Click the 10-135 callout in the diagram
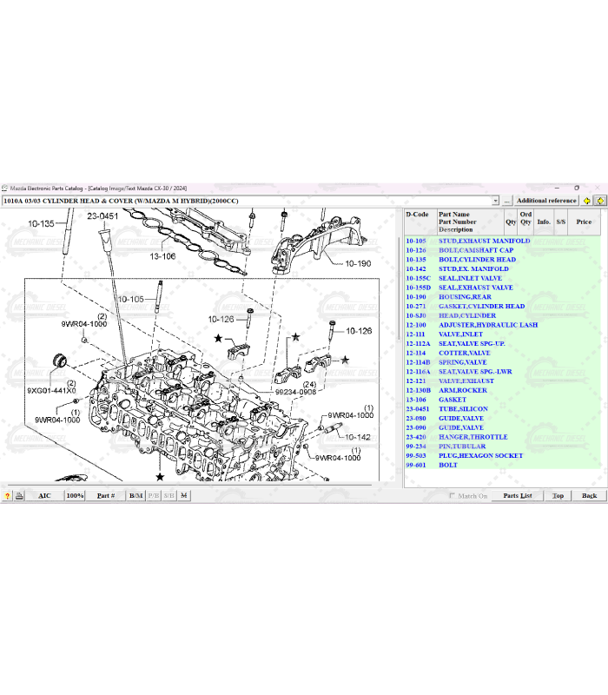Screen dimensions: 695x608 [42, 223]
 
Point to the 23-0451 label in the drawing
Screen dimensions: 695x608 [102, 215]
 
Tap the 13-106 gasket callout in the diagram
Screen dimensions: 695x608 [162, 256]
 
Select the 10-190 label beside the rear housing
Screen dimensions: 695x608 [357, 263]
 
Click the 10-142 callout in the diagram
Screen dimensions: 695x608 [358, 437]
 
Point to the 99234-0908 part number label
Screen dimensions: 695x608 [296, 392]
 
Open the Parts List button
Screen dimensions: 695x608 [518, 495]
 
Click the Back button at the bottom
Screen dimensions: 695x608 [589, 495]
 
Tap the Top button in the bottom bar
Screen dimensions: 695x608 [558, 495]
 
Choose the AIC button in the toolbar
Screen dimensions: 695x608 [44, 495]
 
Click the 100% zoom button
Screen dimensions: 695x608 [75, 495]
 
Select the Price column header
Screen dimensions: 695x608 [584, 222]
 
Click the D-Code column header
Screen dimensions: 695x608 [417, 215]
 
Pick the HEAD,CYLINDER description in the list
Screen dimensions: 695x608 [466, 315]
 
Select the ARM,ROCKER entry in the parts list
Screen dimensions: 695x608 [462, 390]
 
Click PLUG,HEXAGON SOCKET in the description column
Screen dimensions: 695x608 [480, 455]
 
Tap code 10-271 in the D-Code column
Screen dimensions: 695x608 [416, 306]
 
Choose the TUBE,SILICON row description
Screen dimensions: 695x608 [463, 408]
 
